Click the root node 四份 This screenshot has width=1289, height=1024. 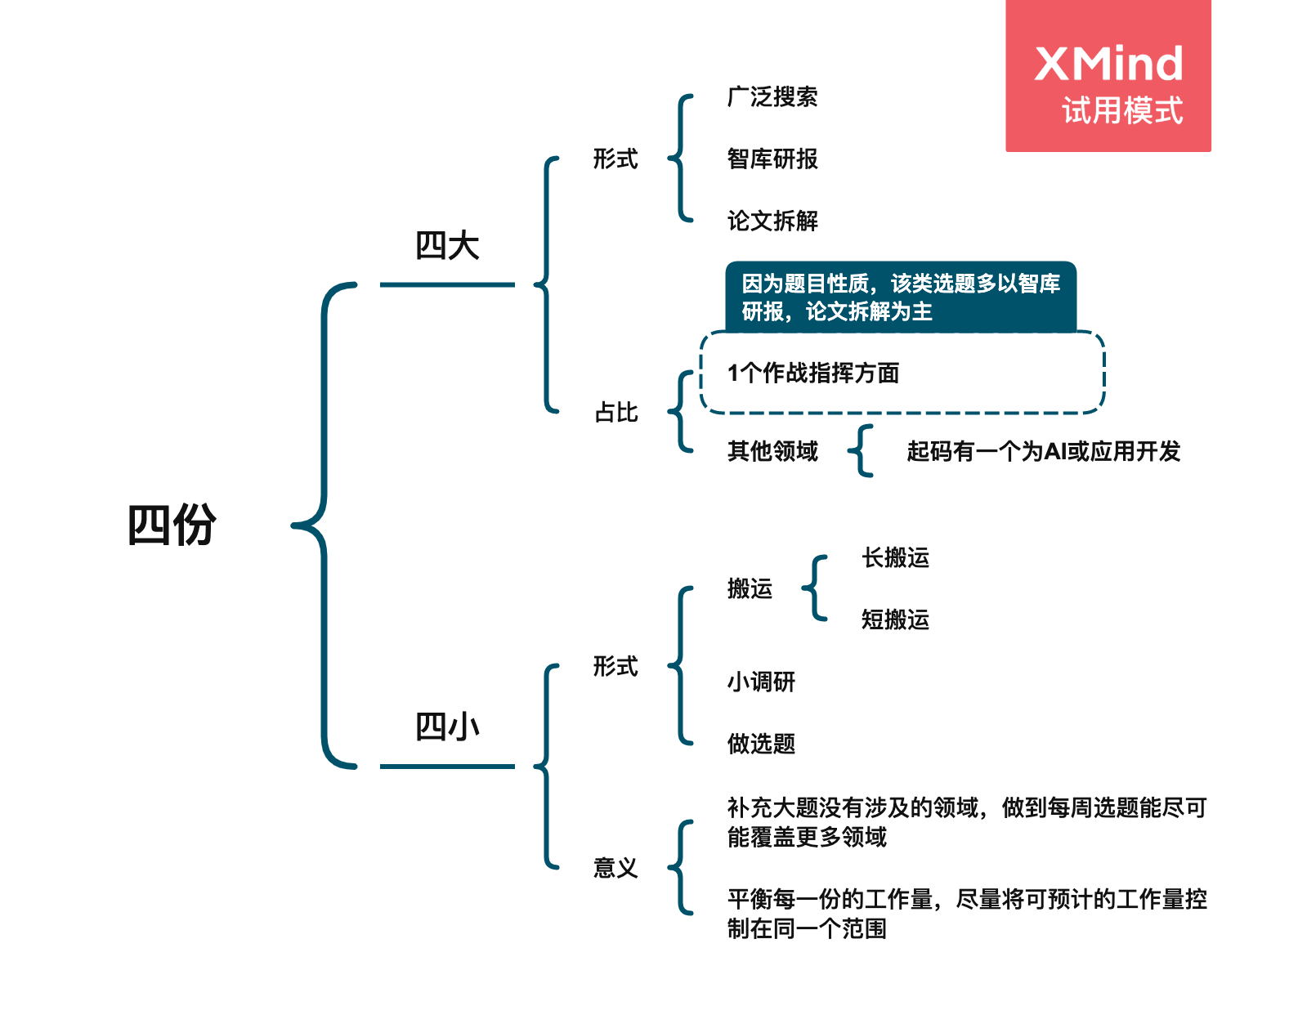[x=172, y=525]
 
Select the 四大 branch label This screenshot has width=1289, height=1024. [x=447, y=246]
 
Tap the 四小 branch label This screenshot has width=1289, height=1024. [x=447, y=727]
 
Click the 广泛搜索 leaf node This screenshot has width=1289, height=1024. [x=772, y=97]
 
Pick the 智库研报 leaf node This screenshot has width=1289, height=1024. [x=772, y=159]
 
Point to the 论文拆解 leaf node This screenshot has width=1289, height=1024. [x=772, y=221]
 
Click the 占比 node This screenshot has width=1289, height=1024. [x=616, y=413]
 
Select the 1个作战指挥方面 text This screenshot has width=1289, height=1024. [x=813, y=373]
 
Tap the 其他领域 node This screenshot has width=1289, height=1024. [x=772, y=451]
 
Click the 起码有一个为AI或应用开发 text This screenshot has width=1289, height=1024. [x=1043, y=451]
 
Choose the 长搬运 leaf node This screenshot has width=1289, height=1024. [x=895, y=558]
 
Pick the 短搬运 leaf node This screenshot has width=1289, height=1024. [x=895, y=619]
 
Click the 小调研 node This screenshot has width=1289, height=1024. [x=761, y=682]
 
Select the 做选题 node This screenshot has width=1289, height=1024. [x=761, y=744]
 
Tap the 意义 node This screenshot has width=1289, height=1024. [x=615, y=868]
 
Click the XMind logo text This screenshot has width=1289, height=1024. [x=1108, y=64]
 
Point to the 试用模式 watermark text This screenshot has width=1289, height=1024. [x=1122, y=111]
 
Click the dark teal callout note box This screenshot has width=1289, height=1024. [x=901, y=297]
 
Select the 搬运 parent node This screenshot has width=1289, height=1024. [x=750, y=588]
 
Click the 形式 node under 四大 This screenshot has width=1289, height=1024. [x=615, y=159]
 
